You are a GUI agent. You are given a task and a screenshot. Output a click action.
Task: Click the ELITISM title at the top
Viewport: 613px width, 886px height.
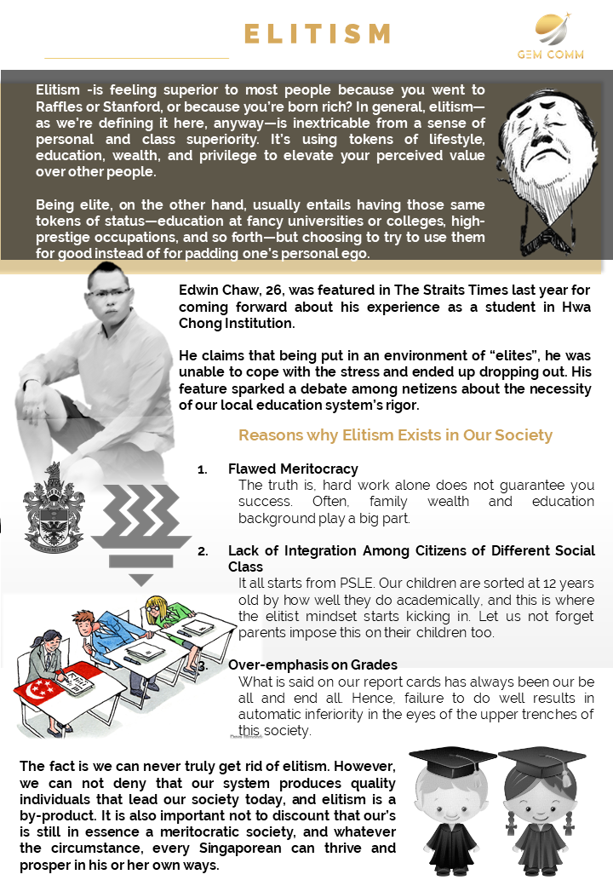317,34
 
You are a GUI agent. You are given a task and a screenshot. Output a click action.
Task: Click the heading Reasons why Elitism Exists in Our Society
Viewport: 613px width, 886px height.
395,435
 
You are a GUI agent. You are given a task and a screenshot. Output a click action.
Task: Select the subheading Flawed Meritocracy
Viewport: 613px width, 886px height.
293,469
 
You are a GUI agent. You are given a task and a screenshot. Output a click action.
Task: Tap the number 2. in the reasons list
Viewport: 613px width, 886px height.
203,551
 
